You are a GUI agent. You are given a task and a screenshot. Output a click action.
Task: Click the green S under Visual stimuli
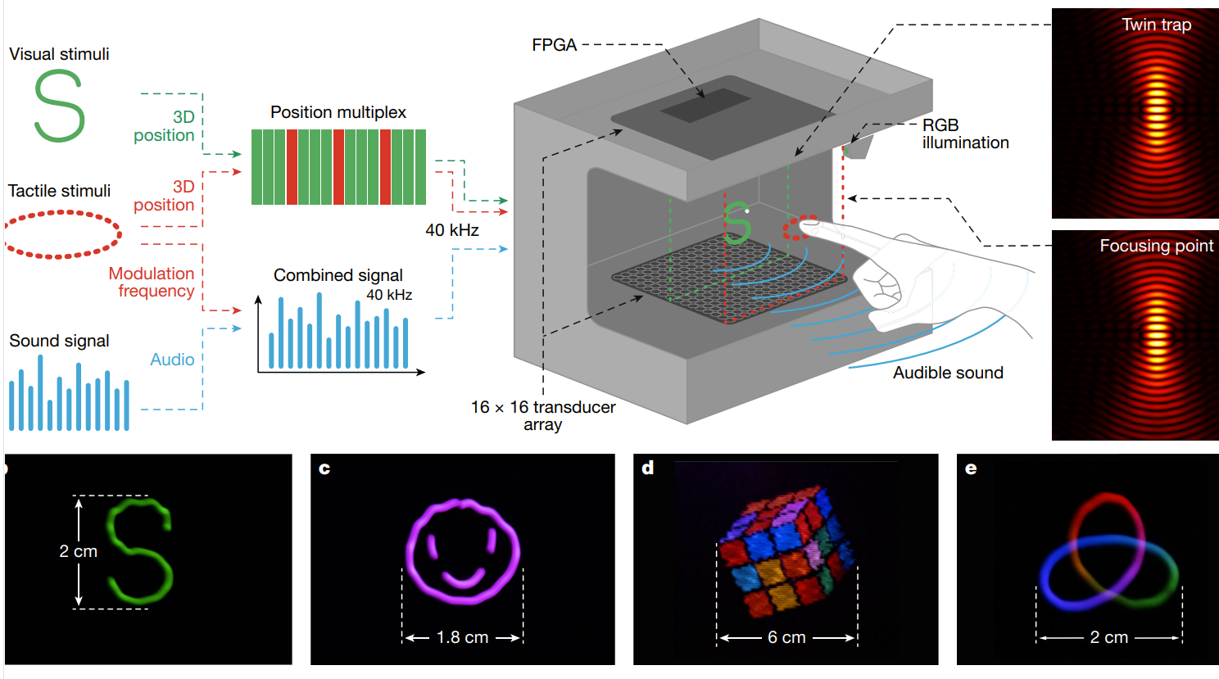59,106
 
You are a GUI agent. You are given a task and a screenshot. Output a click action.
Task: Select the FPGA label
554,45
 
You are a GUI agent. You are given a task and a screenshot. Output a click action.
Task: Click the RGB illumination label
964,134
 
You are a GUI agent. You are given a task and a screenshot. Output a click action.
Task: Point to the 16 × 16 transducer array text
542,415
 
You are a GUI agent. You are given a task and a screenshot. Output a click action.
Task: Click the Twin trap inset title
1156,25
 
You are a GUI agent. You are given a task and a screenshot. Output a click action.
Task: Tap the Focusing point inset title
1156,246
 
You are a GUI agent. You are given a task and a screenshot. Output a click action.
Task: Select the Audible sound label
948,373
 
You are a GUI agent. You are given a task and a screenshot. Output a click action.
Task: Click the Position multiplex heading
338,112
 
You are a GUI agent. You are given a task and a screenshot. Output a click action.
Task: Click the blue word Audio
172,360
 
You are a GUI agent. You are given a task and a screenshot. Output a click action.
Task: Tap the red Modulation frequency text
152,282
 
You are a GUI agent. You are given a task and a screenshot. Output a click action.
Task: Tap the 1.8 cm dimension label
462,637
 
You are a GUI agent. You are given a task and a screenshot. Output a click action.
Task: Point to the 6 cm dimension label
786,637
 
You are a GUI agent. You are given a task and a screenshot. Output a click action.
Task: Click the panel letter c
324,469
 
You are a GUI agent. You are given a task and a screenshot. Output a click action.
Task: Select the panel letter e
971,469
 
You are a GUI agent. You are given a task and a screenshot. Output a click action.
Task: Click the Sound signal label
59,341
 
